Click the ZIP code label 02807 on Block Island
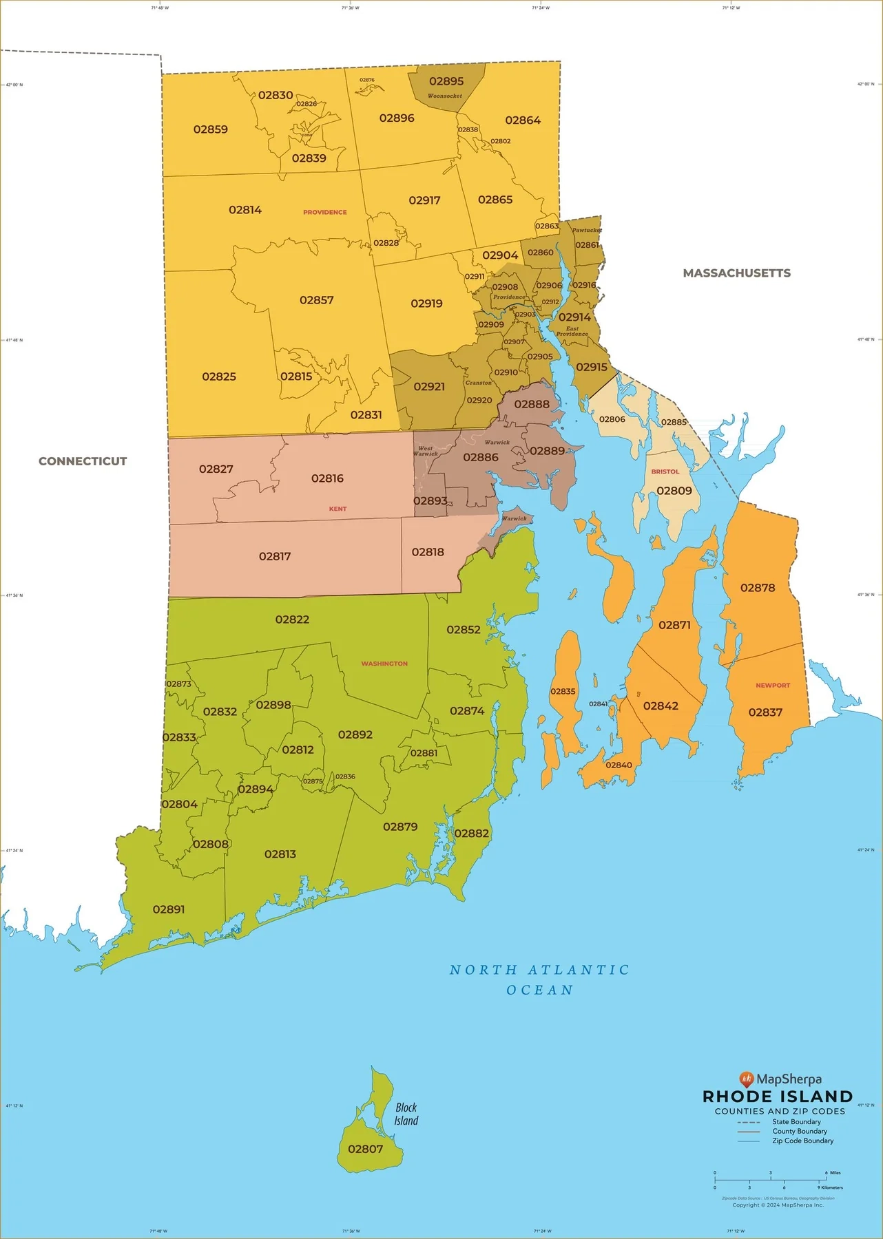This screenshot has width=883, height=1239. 365,1149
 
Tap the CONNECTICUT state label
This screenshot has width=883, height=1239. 83,461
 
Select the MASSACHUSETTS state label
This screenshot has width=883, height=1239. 736,273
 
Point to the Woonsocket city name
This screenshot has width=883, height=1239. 445,96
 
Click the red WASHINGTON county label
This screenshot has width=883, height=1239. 384,664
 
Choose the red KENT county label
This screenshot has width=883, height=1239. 337,509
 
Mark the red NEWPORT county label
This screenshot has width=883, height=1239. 773,686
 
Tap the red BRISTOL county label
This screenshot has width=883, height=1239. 665,472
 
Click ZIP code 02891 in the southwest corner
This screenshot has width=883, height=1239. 169,909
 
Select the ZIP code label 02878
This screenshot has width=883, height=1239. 758,588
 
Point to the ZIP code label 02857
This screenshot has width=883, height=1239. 316,300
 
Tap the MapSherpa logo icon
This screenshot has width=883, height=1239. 747,1079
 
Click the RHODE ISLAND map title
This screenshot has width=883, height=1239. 778,1097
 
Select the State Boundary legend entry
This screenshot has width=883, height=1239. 796,1122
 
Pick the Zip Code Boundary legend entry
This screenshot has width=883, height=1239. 802,1141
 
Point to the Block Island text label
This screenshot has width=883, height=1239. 406,1114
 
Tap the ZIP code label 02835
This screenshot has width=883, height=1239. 563,691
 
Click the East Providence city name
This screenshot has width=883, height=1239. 572,331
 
